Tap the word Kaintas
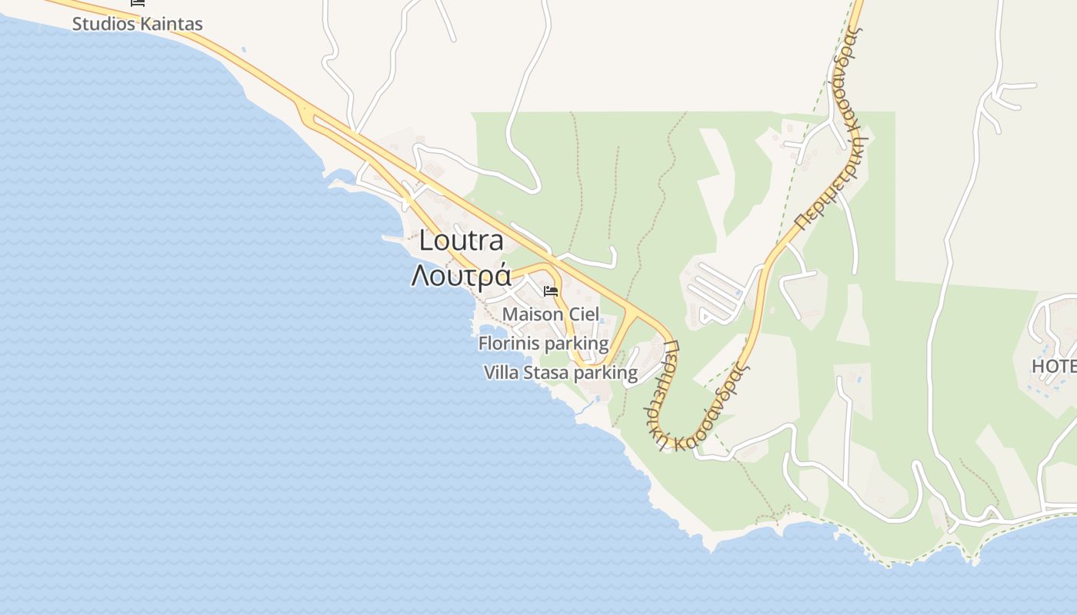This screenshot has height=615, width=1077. [x=172, y=24]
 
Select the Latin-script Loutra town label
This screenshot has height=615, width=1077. [x=461, y=241]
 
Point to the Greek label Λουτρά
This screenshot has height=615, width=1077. [x=461, y=275]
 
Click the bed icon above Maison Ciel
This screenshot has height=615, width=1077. [x=551, y=291]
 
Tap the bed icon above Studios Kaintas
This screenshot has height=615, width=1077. [x=138, y=2]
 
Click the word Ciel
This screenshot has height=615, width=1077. [x=584, y=314]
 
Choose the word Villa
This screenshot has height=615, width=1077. [x=501, y=373]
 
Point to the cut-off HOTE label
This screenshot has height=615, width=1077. [x=1054, y=366]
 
